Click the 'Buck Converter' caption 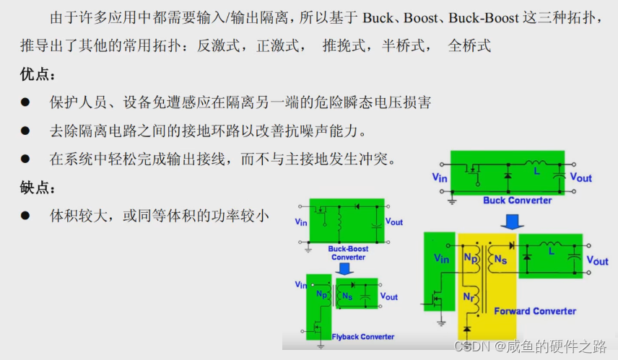tap(517, 200)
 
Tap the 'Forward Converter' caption tap(535, 311)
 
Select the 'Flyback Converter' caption tap(362, 337)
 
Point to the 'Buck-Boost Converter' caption tap(349, 253)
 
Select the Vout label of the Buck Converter tap(580, 177)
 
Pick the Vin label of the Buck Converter tap(440, 177)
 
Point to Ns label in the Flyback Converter tap(347, 296)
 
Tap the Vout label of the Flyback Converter tap(388, 297)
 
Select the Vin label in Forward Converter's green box tap(441, 259)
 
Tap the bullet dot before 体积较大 tap(25, 216)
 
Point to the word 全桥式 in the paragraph tap(469, 46)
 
